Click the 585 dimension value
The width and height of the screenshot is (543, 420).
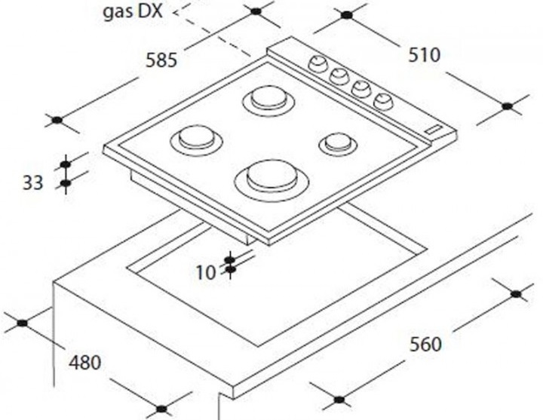click(x=161, y=60)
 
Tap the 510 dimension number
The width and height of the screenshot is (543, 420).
click(x=424, y=55)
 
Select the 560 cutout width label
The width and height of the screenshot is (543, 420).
click(x=425, y=344)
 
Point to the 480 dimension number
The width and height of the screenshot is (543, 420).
click(x=85, y=363)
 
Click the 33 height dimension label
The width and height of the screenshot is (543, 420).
click(x=33, y=182)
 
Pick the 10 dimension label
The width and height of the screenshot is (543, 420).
click(x=206, y=272)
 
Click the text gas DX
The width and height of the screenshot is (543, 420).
click(x=133, y=11)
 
